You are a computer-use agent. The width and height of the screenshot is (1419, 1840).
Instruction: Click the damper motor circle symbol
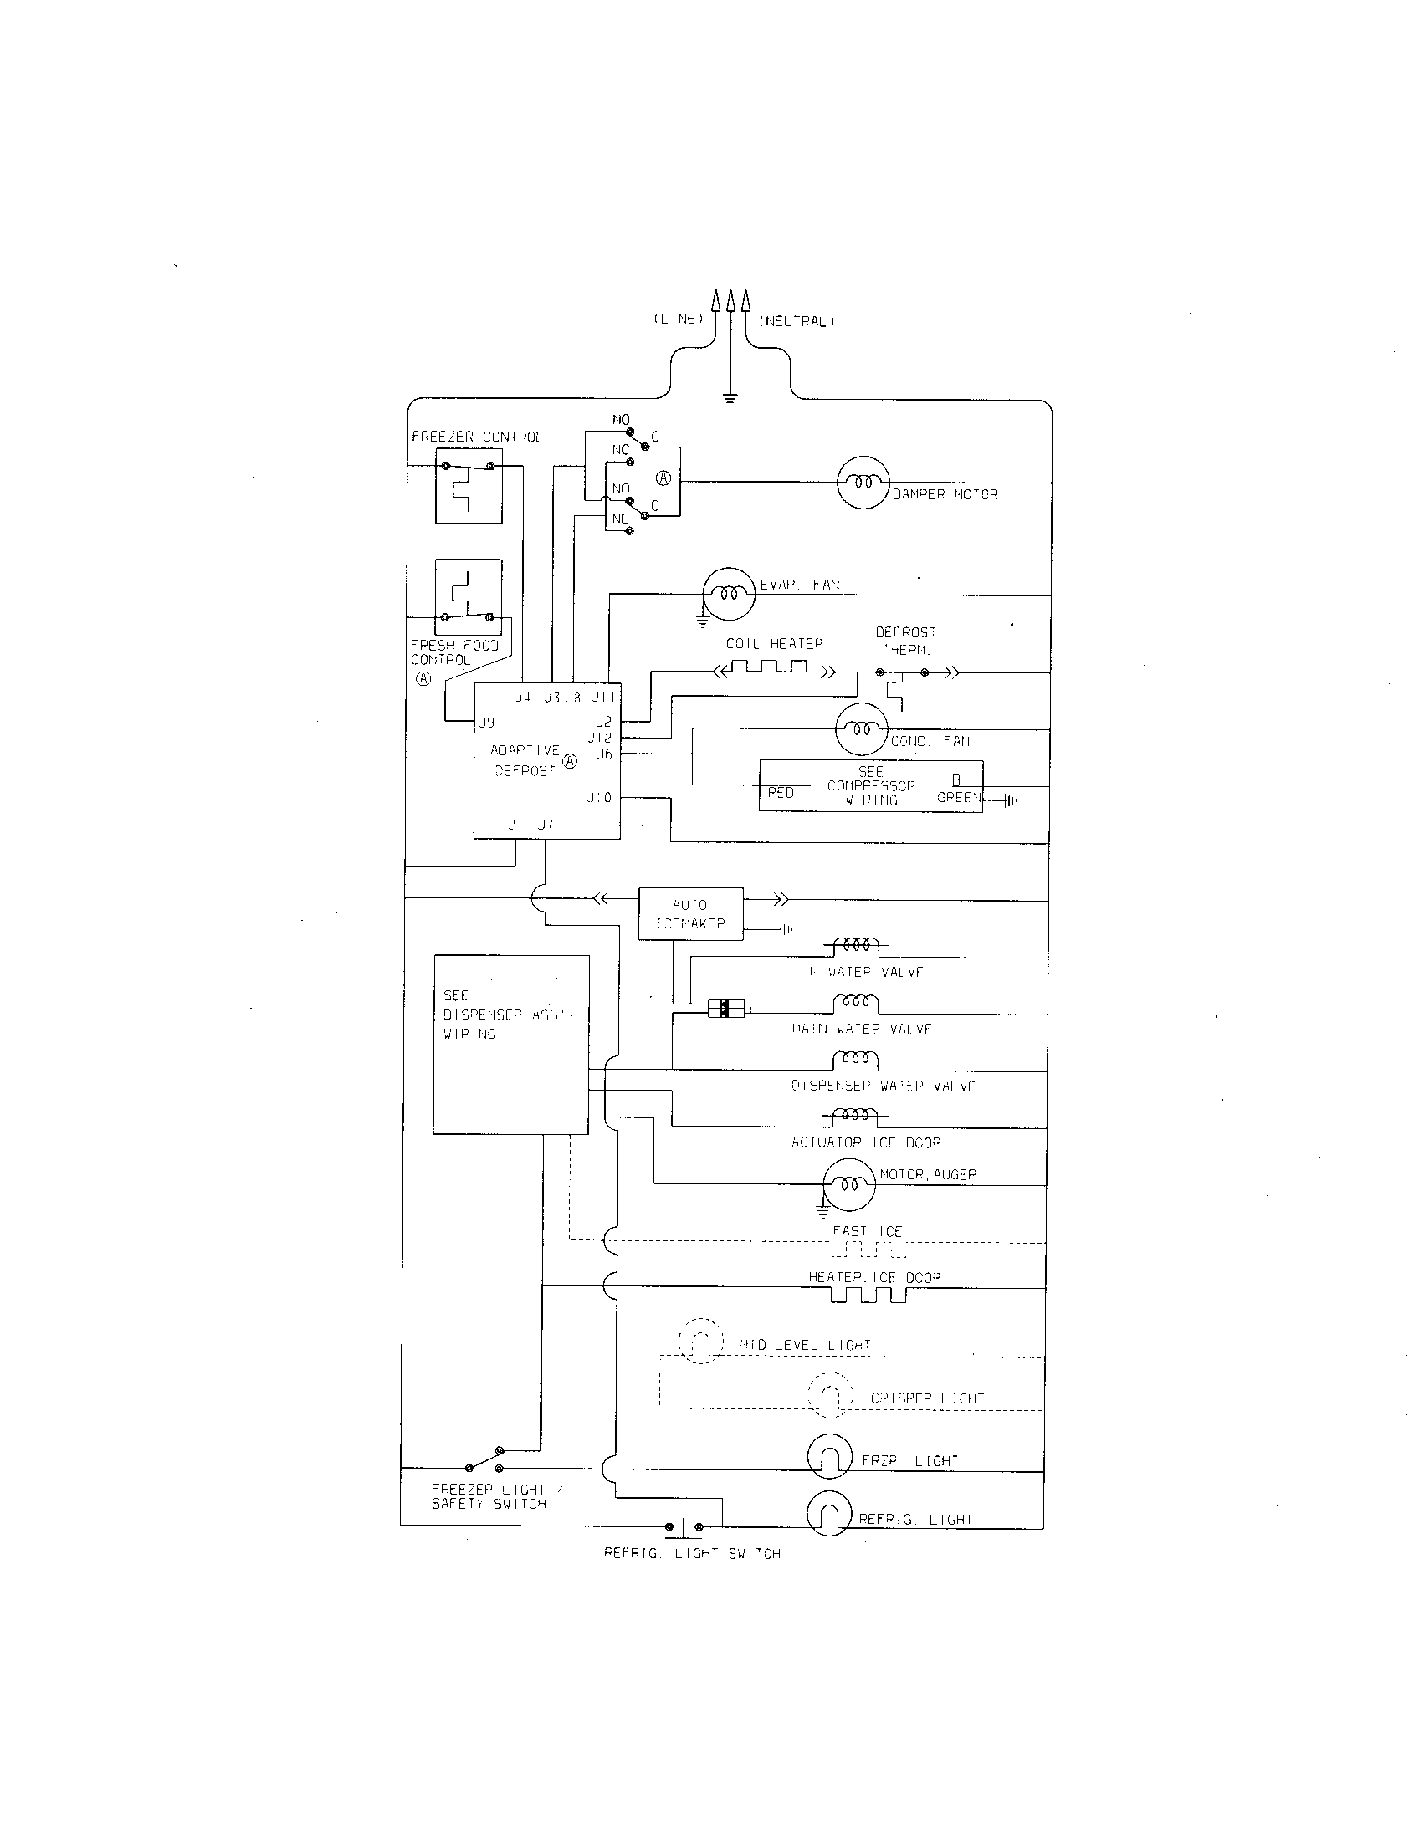(863, 482)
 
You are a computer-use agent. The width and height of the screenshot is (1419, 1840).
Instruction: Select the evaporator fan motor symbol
(729, 593)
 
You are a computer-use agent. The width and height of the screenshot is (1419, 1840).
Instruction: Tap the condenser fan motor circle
(861, 728)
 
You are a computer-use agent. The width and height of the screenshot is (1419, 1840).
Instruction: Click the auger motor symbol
(849, 1183)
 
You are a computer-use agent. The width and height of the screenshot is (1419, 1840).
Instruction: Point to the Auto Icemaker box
(690, 913)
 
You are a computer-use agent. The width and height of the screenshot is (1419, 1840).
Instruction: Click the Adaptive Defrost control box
(546, 760)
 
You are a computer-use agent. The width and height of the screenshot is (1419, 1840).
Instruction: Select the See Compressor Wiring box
(870, 786)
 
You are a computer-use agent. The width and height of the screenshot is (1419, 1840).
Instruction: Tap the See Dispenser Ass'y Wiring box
(510, 1044)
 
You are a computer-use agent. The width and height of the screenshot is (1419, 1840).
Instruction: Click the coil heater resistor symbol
(774, 669)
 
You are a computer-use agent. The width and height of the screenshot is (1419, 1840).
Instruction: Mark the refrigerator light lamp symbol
(829, 1515)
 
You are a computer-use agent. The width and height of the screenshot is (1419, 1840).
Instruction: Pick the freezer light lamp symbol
(829, 1456)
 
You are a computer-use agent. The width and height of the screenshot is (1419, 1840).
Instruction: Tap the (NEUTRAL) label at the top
(797, 321)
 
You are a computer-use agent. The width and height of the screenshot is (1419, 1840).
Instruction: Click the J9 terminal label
(486, 723)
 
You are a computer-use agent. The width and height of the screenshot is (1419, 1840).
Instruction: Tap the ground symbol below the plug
(730, 398)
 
